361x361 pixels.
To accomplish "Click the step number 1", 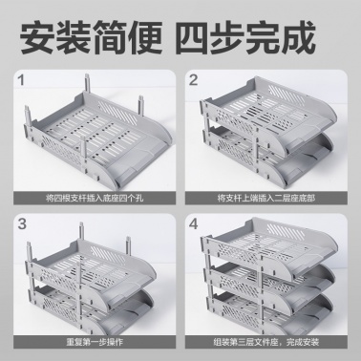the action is (x=21, y=80).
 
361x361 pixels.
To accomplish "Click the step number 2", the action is (x=193, y=80).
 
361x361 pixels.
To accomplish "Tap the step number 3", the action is (x=22, y=223).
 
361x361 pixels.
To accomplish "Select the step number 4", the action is (x=194, y=223).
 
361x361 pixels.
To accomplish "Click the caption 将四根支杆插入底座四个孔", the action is (x=95, y=199).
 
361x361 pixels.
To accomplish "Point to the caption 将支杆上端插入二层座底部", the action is (x=266, y=199).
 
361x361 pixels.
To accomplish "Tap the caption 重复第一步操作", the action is (x=95, y=343).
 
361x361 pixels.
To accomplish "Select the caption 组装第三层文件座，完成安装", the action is (x=266, y=343).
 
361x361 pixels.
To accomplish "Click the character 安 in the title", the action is (x=37, y=36).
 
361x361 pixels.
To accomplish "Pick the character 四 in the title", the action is (x=193, y=36).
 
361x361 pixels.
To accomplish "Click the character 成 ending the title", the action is (x=298, y=36).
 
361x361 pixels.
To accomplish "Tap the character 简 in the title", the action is (x=110, y=36).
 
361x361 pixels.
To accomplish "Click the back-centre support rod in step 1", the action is (x=86, y=84).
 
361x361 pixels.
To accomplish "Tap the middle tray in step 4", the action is (x=269, y=280).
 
